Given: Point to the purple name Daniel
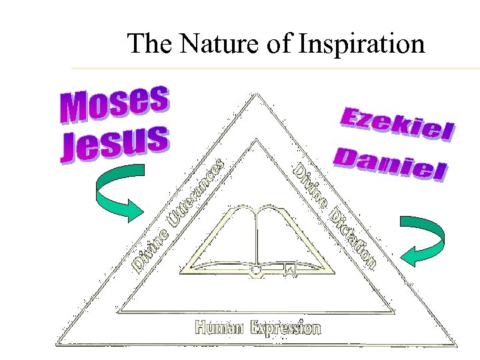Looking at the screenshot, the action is point(390,165).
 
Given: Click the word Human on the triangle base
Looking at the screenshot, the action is point(221,327).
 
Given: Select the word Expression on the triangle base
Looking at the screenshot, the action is point(286,327).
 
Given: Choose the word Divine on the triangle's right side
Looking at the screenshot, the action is point(311,184).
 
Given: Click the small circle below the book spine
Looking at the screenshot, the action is point(255,270).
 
